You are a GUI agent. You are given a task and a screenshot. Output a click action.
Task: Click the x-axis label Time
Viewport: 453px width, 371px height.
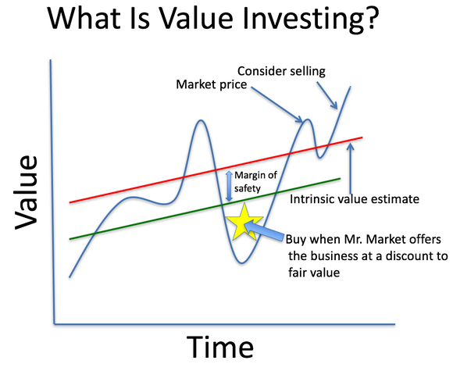219,345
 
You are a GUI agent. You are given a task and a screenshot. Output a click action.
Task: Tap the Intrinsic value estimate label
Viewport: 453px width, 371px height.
355,199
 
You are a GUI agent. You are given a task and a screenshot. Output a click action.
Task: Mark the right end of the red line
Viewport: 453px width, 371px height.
362,137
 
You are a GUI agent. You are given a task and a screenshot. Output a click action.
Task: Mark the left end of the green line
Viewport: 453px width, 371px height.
70,238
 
